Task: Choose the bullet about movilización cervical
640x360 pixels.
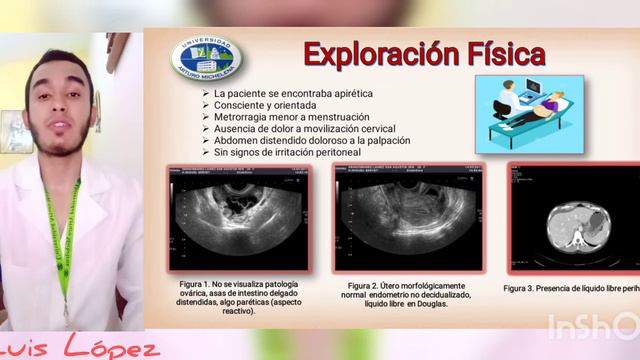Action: (305, 129)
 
